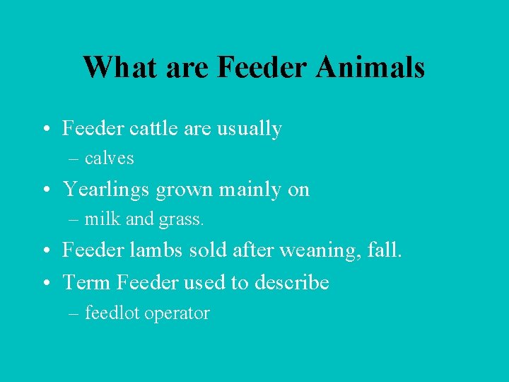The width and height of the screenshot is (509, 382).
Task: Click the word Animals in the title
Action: (x=370, y=67)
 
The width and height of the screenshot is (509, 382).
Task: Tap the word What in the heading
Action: (x=121, y=67)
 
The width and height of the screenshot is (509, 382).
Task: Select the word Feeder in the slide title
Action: (x=262, y=67)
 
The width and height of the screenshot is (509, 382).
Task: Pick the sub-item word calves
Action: (x=109, y=158)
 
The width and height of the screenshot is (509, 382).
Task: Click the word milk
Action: (x=102, y=219)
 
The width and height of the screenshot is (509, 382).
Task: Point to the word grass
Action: (x=181, y=220)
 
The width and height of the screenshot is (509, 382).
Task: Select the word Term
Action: (x=87, y=282)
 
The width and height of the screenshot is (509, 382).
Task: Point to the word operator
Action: (x=177, y=313)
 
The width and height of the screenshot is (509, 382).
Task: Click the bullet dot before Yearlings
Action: (x=45, y=190)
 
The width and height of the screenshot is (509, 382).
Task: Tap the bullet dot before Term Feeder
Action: (x=45, y=282)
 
